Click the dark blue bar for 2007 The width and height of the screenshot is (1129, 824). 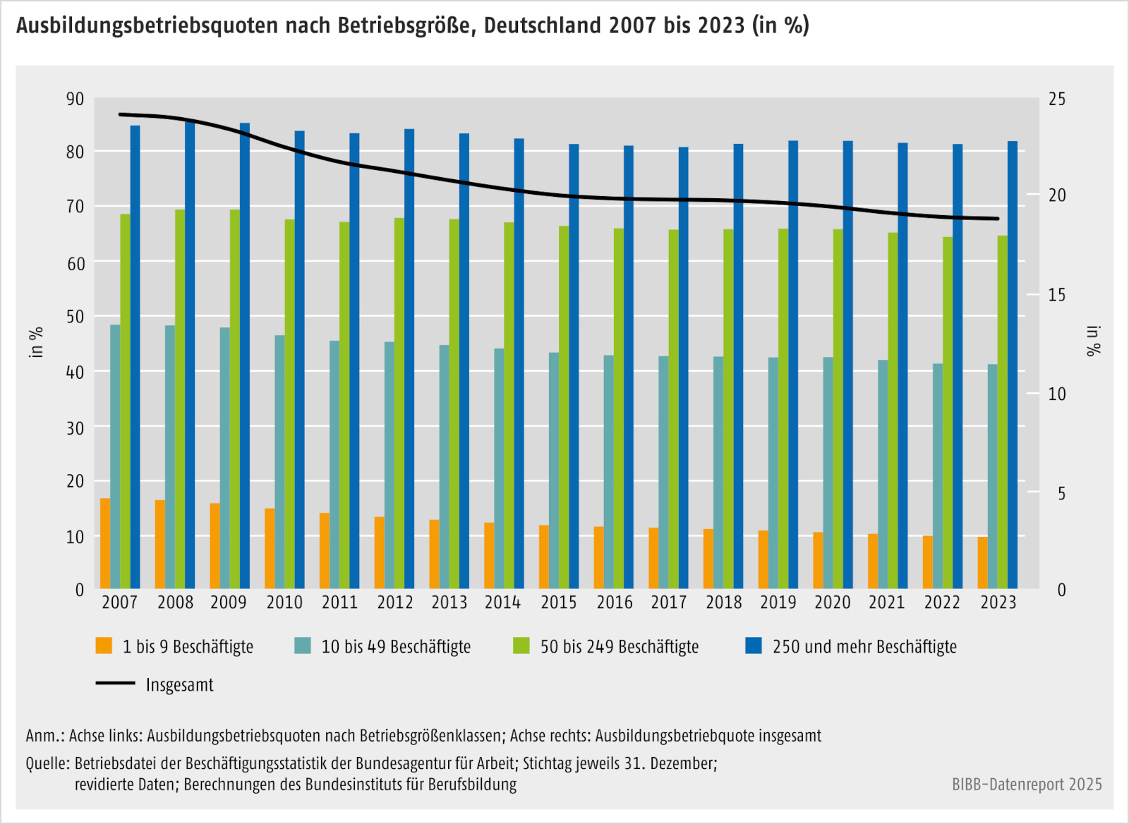pos(135,357)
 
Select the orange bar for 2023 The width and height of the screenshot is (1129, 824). pos(982,562)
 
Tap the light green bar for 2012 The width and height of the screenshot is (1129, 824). pos(399,403)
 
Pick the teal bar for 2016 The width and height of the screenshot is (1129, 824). pos(609,471)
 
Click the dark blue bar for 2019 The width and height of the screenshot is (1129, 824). pos(793,365)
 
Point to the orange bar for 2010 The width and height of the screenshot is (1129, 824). pos(270,548)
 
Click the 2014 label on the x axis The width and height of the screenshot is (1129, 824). pos(502,602)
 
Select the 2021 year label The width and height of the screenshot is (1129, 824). pos(887,602)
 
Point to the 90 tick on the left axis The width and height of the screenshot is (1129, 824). pos(75,99)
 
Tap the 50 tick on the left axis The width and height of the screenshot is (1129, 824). pos(75,317)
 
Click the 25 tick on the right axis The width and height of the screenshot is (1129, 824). pos(1056,99)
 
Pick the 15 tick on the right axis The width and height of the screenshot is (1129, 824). pos(1056,295)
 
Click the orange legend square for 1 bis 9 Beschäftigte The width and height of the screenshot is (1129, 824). pos(104,646)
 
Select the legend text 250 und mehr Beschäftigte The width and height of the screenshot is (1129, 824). pos(864,646)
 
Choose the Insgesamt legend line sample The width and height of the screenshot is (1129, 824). pos(115,684)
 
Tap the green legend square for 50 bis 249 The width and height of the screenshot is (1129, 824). pos(521,646)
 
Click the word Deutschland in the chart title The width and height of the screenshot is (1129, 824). pos(543,25)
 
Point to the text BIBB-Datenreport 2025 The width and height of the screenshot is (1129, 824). pos(1027,784)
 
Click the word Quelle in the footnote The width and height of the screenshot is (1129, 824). pos(47,763)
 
